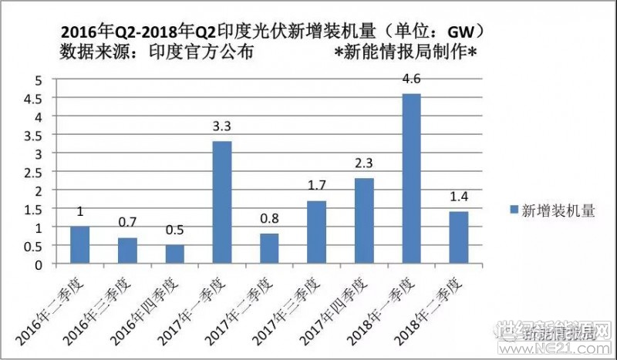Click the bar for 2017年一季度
coord(222,203)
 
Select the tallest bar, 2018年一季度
coord(412,179)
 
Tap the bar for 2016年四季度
coord(175,254)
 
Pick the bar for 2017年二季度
coord(269,248)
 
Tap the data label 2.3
coord(364,164)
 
